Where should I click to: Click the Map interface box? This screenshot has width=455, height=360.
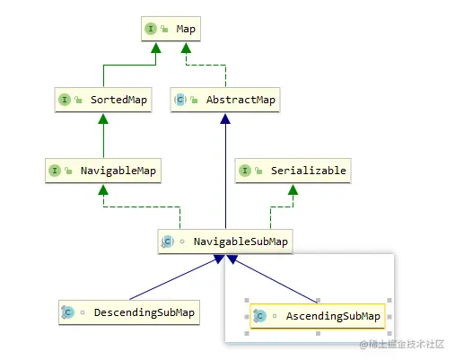[171, 30]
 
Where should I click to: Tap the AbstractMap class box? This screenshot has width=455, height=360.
[225, 100]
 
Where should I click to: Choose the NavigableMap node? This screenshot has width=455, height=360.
[103, 170]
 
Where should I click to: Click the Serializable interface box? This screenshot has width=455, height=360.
[291, 170]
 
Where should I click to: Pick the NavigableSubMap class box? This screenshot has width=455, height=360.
[225, 241]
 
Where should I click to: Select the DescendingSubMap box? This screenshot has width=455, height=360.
[128, 312]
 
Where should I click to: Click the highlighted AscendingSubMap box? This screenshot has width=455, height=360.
[317, 316]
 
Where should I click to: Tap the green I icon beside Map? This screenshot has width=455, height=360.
[151, 30]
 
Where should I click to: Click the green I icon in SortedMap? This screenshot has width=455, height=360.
[65, 100]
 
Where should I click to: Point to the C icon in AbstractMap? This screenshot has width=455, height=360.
[180, 100]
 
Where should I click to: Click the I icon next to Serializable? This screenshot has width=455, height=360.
[245, 170]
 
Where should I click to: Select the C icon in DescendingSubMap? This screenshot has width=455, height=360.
[68, 312]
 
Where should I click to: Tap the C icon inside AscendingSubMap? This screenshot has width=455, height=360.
[260, 316]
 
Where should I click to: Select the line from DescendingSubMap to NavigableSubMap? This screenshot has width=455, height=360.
[171, 278]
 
